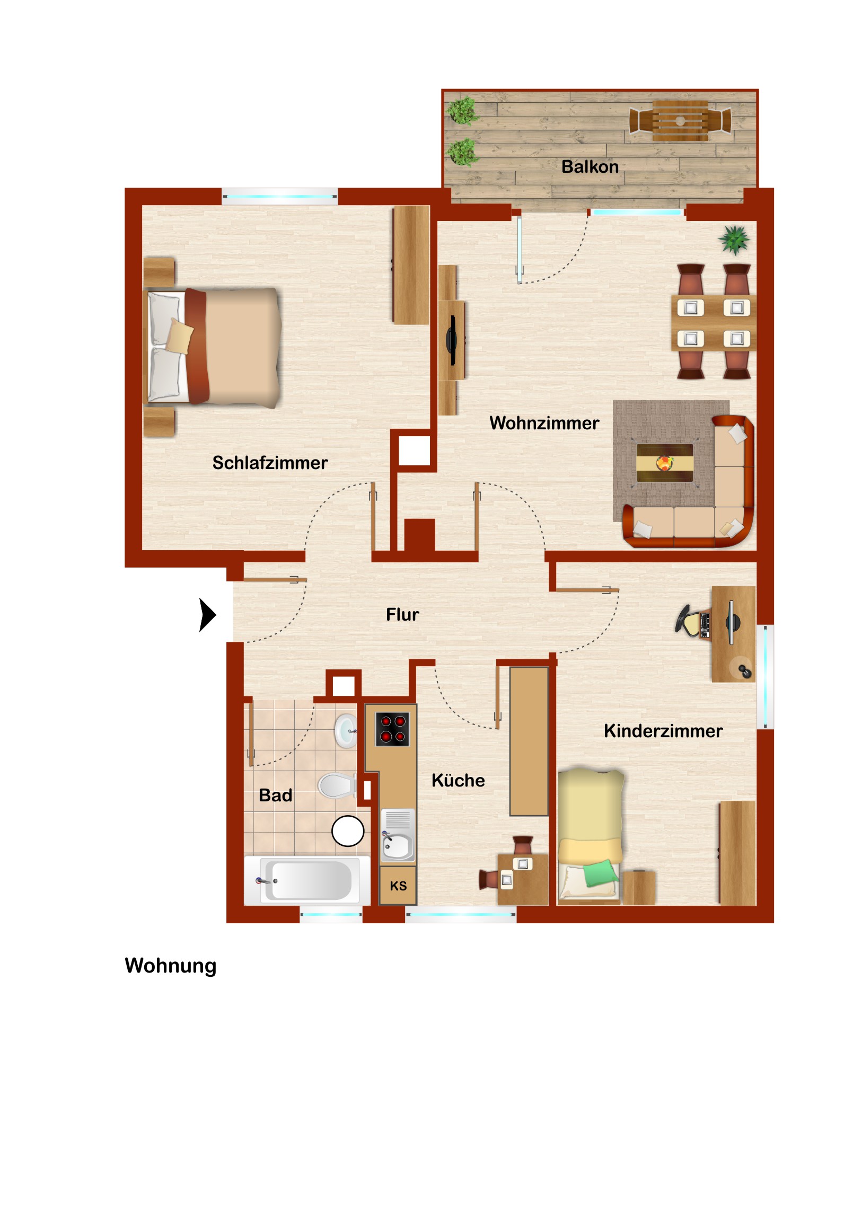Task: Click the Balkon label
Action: (x=590, y=167)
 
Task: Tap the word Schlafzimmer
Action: (x=270, y=463)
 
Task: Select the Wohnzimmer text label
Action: (x=544, y=423)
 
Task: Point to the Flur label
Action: (x=402, y=614)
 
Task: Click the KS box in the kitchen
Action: (x=398, y=886)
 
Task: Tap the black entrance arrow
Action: (x=207, y=615)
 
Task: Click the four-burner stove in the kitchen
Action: (x=392, y=729)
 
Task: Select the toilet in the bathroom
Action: (x=337, y=786)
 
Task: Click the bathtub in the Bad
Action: (x=307, y=881)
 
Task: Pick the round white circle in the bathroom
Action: (x=348, y=831)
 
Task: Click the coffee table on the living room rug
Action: (x=664, y=463)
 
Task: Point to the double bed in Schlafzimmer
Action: (x=213, y=348)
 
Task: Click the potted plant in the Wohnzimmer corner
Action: (x=735, y=240)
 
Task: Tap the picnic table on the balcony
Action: (x=680, y=120)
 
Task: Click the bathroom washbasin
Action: (x=346, y=730)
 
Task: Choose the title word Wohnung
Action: (x=171, y=966)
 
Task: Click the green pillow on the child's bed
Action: (x=600, y=873)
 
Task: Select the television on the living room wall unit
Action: (x=452, y=340)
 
